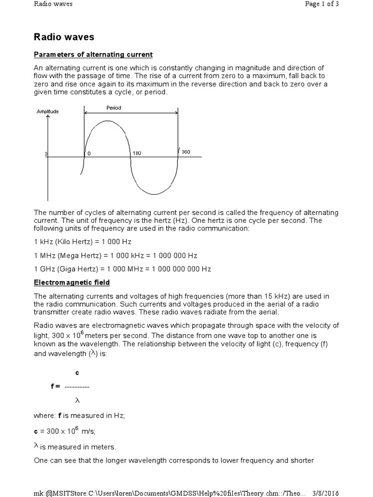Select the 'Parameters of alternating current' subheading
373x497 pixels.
[x=93, y=54]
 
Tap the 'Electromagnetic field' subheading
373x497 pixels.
[x=72, y=282]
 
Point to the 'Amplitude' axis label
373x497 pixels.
[x=48, y=112]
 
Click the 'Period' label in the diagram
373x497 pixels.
[x=114, y=108]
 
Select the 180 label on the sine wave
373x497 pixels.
[x=136, y=152]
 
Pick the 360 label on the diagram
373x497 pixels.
[x=186, y=152]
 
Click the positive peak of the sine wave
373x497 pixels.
[x=107, y=121]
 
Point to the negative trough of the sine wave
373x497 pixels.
[x=155, y=195]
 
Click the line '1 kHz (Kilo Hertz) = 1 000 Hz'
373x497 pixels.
[x=83, y=241]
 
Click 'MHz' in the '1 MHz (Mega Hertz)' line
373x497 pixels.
[x=46, y=255]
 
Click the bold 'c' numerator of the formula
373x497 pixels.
[x=77, y=373]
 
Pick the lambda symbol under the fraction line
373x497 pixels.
[x=77, y=400]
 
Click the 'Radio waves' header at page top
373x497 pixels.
[x=53, y=4]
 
